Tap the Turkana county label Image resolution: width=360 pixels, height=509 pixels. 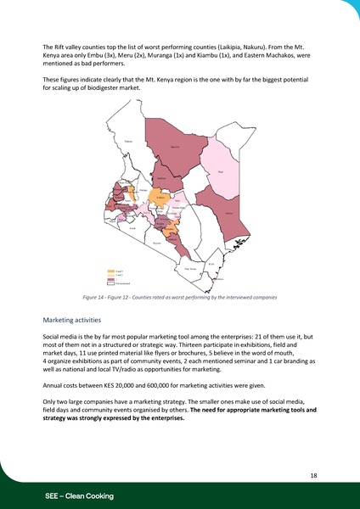tap(129, 141)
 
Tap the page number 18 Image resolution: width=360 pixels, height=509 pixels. tap(312, 477)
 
